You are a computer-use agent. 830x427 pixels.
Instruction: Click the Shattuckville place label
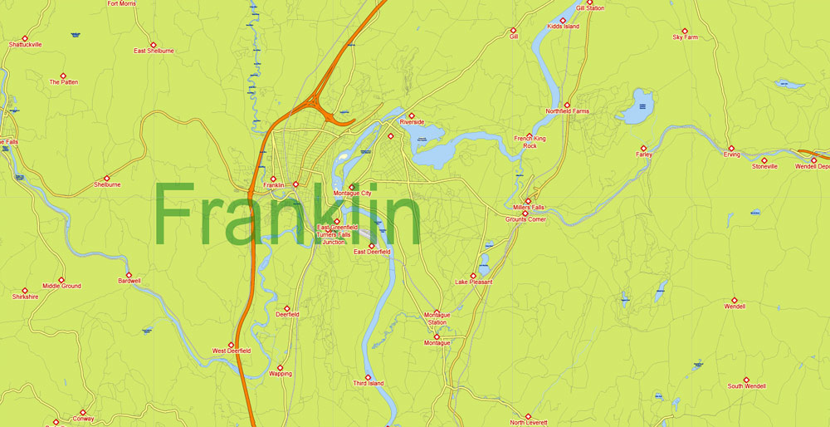25,45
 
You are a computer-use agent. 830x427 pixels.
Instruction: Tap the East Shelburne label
154,51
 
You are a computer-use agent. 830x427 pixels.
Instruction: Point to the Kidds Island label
563,27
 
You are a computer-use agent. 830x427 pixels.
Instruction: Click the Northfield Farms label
567,111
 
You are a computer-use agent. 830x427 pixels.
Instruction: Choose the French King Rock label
530,142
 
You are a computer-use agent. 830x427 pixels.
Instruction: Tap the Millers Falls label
528,207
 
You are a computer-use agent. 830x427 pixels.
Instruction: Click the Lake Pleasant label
473,282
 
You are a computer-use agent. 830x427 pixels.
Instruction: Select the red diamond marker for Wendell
734,300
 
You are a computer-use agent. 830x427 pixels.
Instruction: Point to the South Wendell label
746,386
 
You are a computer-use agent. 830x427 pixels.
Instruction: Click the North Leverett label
528,423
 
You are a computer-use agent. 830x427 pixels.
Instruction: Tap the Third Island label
368,384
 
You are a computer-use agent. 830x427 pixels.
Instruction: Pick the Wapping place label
281,374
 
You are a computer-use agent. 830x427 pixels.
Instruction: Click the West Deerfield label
231,351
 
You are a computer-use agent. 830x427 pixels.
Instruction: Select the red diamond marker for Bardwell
129,274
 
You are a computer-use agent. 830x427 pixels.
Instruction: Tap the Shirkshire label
25,297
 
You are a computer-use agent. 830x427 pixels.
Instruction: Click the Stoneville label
764,166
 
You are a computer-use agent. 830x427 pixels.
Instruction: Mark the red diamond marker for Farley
643,148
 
